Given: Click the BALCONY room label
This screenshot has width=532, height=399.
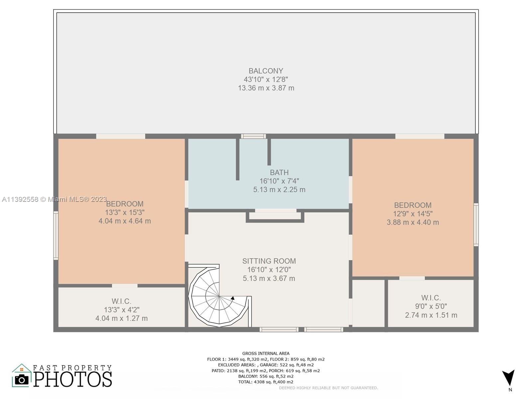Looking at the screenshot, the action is [266, 71].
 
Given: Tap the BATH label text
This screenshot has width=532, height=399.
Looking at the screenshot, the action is [279, 173].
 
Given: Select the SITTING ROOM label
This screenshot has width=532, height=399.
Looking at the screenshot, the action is [269, 261].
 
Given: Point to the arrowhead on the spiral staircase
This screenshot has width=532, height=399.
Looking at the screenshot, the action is [233, 298].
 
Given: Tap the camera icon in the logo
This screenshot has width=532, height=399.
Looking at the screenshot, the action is [22, 380].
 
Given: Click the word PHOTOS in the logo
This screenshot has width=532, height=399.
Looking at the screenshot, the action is [72, 379].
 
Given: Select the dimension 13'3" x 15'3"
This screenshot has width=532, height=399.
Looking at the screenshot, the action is [125, 212].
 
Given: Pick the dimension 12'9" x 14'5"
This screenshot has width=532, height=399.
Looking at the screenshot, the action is [413, 214].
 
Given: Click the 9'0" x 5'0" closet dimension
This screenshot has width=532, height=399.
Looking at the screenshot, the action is [431, 306].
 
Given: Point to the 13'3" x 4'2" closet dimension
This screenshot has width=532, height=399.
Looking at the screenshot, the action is [122, 310].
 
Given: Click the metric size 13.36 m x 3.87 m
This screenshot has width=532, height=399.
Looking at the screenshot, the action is [266, 88].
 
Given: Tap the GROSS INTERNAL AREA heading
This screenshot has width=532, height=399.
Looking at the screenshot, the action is [266, 353].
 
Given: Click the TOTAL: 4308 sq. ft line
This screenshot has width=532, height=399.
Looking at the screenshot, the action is [266, 382].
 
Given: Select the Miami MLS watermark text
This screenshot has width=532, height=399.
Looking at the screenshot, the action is [54, 199].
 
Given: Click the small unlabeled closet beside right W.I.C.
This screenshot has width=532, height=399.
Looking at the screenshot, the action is [368, 303].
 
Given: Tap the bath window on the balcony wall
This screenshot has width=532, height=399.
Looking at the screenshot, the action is [253, 136].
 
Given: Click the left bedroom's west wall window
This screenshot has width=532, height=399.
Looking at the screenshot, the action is [56, 235].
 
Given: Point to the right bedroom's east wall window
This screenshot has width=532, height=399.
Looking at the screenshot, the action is [476, 224].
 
